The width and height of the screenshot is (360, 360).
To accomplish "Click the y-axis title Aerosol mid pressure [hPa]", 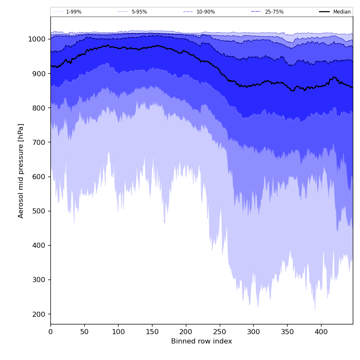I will point(21,171).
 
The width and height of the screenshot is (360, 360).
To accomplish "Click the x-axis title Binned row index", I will point(202,341).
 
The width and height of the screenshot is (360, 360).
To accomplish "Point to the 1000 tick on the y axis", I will point(37,39).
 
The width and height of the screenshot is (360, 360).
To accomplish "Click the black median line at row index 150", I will point(152,46).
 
